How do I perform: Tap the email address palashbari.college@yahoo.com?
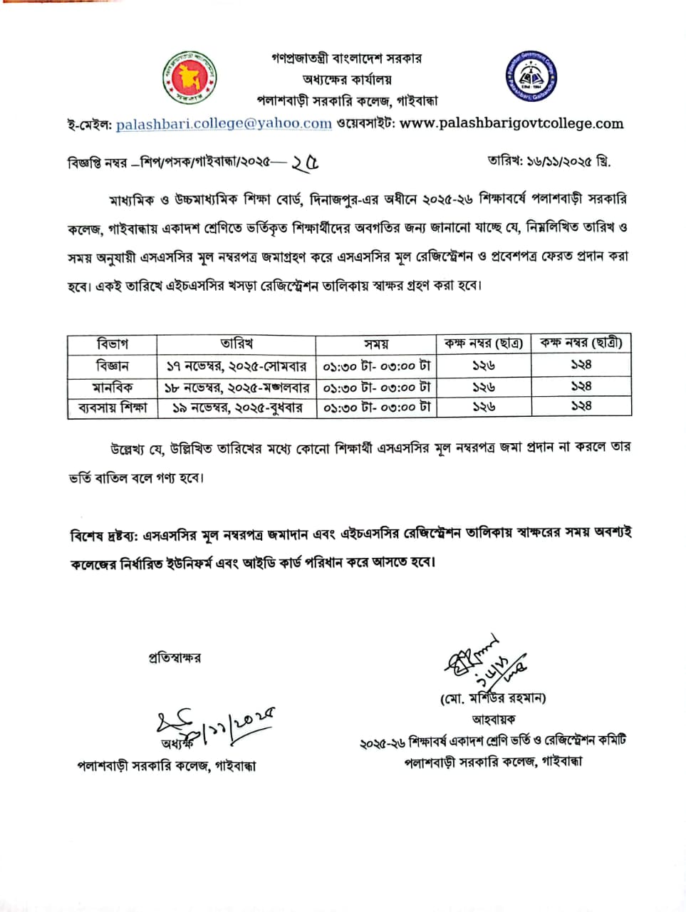224,123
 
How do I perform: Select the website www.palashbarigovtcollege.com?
511,123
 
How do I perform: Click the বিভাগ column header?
112,344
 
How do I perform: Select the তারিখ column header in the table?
237,344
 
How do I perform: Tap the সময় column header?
376,344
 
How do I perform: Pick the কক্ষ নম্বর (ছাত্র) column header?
484,344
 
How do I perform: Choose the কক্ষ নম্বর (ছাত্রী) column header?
581,343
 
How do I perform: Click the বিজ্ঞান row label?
112,366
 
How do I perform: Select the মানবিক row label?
112,387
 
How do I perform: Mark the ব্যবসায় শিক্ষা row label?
112,408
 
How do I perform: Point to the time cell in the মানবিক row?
376,387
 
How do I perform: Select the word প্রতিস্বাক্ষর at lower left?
175,658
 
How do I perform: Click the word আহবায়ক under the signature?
493,720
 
